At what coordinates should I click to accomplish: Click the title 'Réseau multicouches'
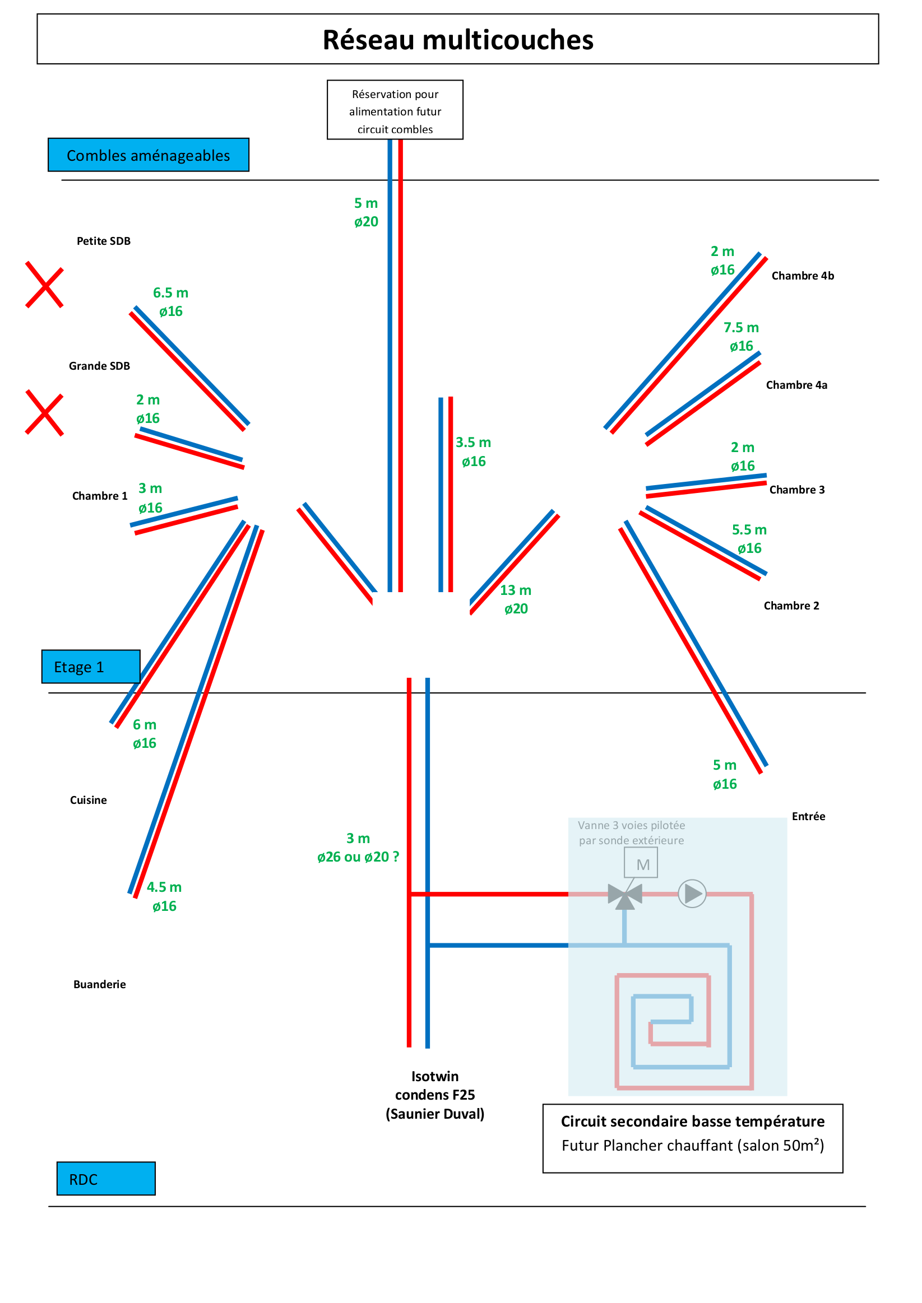coord(457,40)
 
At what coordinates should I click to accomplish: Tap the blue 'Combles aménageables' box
coord(148,155)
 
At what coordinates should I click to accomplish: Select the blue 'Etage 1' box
coord(90,666)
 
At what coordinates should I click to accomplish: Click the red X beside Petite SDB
coord(44,285)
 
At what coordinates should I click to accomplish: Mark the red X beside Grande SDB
coord(44,412)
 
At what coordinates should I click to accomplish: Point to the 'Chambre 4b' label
coord(802,276)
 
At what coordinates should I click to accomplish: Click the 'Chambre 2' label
coord(791,606)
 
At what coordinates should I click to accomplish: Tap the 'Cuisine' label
coord(88,799)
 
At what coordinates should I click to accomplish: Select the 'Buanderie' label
coord(99,984)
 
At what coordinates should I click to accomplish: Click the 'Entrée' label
coord(808,816)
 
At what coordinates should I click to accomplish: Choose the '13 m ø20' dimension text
coord(516,599)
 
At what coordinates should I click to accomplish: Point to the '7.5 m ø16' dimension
coord(741,337)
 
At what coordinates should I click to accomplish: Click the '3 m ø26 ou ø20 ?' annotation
coord(358,848)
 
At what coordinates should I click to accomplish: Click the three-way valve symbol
coord(624,896)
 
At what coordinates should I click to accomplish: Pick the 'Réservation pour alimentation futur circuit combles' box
coord(395,110)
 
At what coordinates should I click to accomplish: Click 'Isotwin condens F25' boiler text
coord(435,1094)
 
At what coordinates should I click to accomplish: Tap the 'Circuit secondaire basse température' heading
coord(692,1121)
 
